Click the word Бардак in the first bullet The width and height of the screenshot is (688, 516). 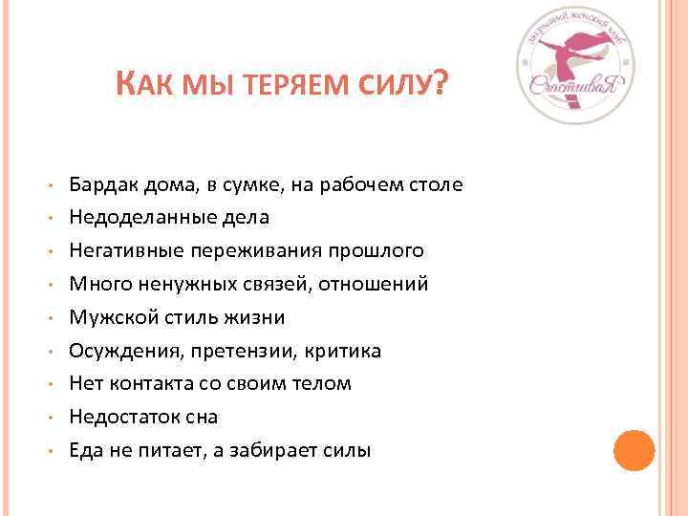pyautogui.click(x=102, y=184)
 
